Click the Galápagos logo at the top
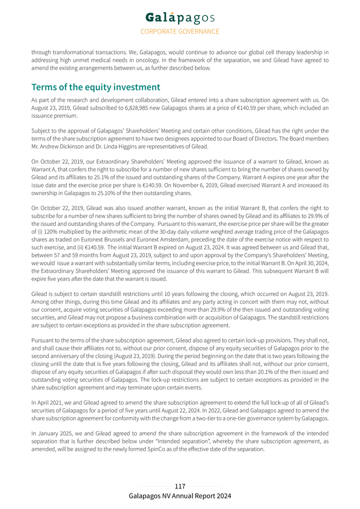180,17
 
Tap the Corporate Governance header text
180,31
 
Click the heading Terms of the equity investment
95,87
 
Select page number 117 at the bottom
180,486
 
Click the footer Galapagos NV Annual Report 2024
180,496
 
